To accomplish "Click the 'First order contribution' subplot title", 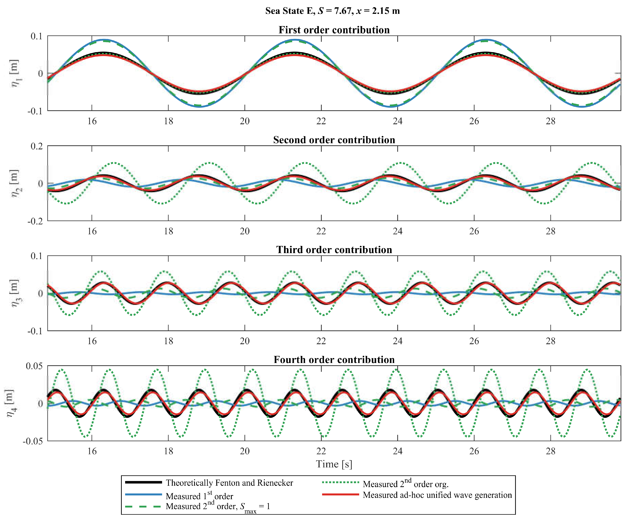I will click(x=334, y=30).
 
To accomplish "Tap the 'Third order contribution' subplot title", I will click(x=334, y=250).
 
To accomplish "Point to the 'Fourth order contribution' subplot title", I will click(x=334, y=359).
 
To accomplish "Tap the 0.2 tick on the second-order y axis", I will click(x=37, y=146).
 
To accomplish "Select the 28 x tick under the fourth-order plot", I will click(x=550, y=451).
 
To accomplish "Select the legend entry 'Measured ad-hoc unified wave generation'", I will click(x=437, y=495).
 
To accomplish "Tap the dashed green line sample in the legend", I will click(x=144, y=506).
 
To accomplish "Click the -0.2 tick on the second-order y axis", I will click(x=35, y=221).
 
